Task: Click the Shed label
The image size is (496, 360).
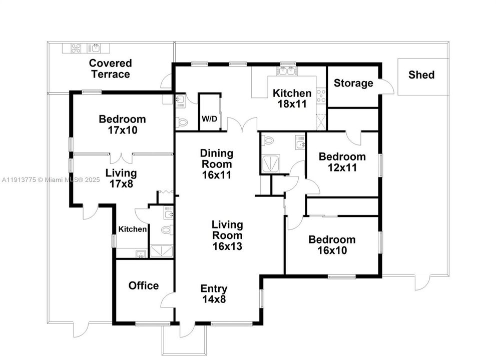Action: point(421,75)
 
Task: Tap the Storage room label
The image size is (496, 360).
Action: point(353,83)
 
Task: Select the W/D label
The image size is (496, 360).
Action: point(209,119)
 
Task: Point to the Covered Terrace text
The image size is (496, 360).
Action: point(110,69)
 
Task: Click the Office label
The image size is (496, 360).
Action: point(144,285)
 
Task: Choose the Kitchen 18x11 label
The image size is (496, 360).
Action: point(292,98)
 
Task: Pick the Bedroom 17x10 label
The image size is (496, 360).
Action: point(122,124)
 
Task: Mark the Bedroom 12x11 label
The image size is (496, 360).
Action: point(342,162)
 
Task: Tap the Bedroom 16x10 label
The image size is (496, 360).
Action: point(332,245)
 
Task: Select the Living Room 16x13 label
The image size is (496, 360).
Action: point(227,235)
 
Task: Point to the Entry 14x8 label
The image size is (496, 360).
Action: point(214,293)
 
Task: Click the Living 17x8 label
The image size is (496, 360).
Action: point(121,178)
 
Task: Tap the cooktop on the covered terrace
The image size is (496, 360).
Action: point(76,48)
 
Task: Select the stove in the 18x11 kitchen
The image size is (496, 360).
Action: point(321,95)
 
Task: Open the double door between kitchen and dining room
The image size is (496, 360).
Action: point(242,124)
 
